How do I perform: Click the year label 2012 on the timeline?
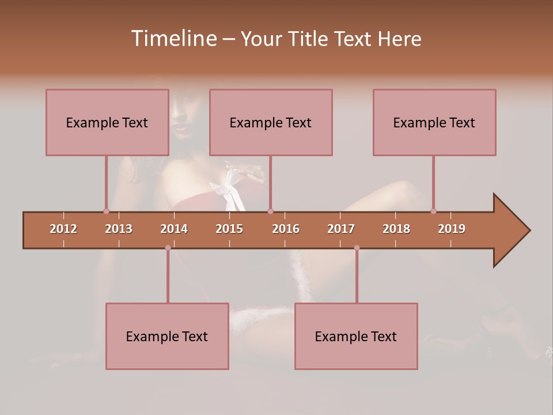63,229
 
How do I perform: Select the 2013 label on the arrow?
119,229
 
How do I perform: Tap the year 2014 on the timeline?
174,229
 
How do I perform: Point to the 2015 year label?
229,229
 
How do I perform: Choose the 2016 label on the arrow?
286,229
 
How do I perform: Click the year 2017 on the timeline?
341,229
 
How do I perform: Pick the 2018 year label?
396,229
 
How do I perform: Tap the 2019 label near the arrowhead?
452,229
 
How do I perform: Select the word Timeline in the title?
173,39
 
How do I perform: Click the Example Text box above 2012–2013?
107,122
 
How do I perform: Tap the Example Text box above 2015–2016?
271,122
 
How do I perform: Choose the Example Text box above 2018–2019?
434,122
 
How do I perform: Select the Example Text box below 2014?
167,336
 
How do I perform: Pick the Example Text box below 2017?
356,336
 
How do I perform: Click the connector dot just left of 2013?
106,211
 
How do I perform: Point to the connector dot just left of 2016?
271,211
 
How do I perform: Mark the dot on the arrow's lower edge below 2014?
168,248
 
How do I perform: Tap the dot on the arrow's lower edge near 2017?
357,248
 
